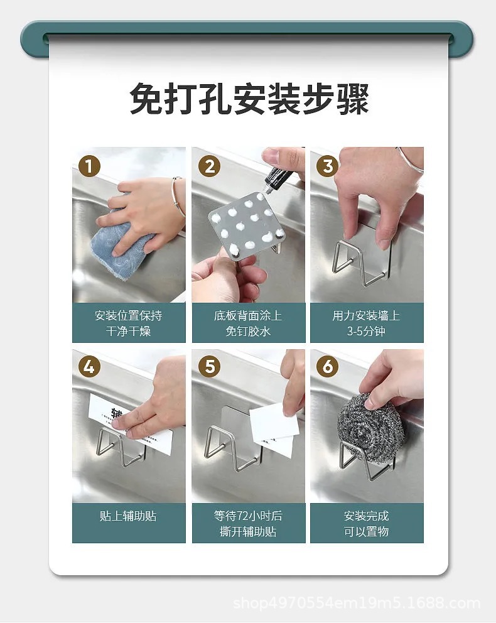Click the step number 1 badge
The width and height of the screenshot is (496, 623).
(89, 166)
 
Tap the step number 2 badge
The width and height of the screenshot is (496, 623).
(209, 166)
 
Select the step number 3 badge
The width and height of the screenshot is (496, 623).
(327, 166)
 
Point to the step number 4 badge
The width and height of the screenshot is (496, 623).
(89, 367)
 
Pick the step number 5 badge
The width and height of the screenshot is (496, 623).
(209, 367)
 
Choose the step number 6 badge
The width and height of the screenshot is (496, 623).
(327, 367)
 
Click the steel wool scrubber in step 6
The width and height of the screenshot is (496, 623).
(370, 427)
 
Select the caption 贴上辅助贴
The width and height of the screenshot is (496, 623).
(128, 516)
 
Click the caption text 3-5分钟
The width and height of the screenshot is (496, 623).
(366, 331)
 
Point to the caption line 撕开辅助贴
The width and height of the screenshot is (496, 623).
(248, 531)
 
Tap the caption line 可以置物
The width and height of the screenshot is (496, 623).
(366, 531)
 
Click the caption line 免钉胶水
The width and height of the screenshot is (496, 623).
(248, 331)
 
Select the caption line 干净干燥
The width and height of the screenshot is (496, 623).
(128, 331)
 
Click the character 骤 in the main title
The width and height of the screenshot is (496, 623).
(353, 99)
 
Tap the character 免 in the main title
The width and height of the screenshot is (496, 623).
(146, 99)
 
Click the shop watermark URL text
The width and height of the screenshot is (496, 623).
(357, 603)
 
